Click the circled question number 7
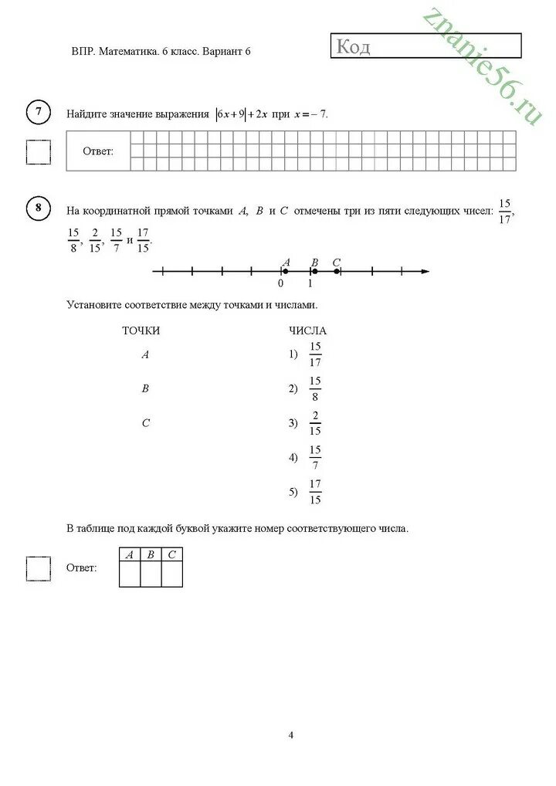[39, 113]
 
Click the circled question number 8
[39, 208]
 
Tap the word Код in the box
[353, 48]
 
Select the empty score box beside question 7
[39, 151]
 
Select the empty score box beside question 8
[39, 568]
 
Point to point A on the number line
[285, 271]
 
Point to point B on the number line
[314, 271]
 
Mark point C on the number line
[337, 271]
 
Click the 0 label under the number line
[280, 283]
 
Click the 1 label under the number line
[310, 283]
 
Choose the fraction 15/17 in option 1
[315, 354]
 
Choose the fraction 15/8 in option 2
[315, 388]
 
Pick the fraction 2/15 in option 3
[315, 423]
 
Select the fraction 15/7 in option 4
[315, 457]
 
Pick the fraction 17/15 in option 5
[315, 492]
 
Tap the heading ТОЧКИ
[141, 330]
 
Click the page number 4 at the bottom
[290, 735]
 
